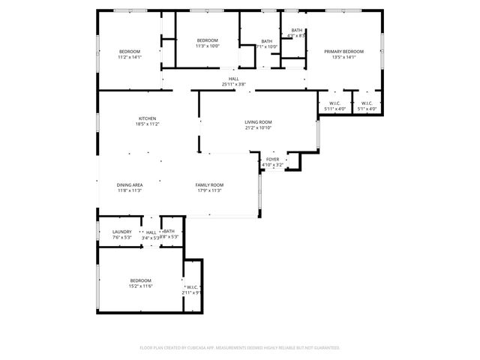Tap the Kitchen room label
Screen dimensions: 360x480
coord(147,118)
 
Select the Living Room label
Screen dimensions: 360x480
coord(258,122)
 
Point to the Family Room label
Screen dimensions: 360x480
coord(209,184)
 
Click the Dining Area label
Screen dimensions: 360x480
coord(130,184)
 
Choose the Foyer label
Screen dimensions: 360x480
coord(273,160)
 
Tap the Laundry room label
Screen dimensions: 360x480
coord(121,232)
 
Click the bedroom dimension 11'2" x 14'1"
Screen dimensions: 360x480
coord(129,57)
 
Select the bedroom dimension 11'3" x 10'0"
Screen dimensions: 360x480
coord(208,46)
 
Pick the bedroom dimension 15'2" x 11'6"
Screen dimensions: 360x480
coord(140,286)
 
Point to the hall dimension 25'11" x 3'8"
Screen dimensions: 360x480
coord(234,84)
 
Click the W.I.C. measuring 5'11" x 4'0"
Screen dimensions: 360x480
coord(334,109)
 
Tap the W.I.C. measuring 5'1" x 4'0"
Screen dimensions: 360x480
coord(367,109)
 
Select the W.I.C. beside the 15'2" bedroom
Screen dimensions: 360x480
coord(192,286)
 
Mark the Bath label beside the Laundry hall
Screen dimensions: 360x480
coord(169,232)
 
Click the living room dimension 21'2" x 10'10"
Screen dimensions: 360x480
coord(258,128)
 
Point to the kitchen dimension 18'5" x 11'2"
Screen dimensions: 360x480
coord(147,124)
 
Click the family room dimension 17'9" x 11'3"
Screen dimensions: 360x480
coord(209,190)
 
